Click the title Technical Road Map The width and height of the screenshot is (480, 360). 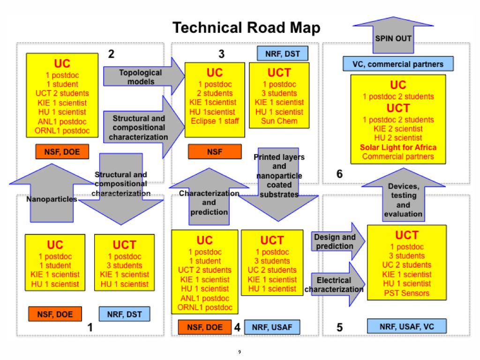click(x=246, y=28)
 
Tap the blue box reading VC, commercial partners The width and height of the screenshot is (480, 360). click(x=398, y=64)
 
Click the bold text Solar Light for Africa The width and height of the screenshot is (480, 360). click(x=398, y=147)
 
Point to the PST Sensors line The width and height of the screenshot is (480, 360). click(x=406, y=293)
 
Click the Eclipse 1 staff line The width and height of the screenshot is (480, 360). click(x=215, y=121)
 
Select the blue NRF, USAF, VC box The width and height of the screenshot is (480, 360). click(x=406, y=326)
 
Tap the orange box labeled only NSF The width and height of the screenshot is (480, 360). click(x=215, y=152)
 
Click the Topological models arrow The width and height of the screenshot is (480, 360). click(x=141, y=77)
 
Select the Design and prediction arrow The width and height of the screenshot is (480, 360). click(x=335, y=242)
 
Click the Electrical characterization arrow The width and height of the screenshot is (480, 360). click(x=335, y=285)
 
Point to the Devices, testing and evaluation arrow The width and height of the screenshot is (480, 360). click(x=403, y=199)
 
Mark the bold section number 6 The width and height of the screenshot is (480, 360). click(x=339, y=174)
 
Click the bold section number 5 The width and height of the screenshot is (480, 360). click(x=339, y=327)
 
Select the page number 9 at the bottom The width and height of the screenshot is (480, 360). click(x=240, y=352)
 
